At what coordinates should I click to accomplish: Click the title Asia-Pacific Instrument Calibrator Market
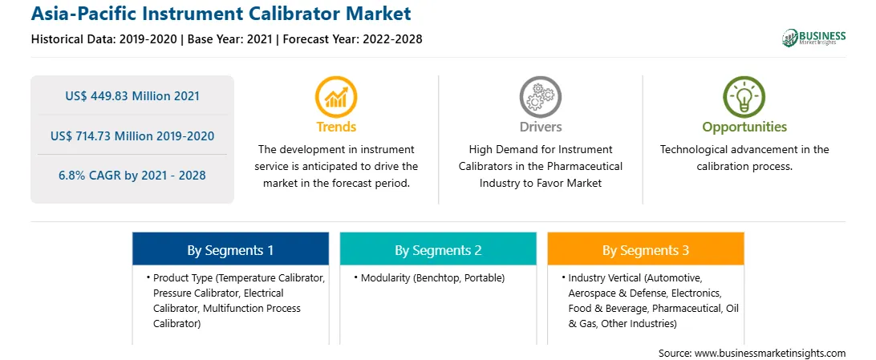coord(221,13)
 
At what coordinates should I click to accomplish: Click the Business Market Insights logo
coord(814,38)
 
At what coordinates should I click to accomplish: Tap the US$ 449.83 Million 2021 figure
coord(132,96)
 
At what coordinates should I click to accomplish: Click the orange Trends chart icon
coord(336,96)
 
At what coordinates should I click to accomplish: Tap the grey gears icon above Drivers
coord(540,96)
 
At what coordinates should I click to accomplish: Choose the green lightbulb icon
coord(744,96)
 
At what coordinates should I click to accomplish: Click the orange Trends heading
coord(336,127)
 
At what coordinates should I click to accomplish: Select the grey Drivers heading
coord(540,127)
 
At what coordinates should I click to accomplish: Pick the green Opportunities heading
coord(744,127)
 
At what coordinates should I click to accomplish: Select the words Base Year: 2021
coord(230,39)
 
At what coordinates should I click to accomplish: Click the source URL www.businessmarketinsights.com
coord(770,354)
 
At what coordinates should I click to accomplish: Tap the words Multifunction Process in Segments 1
coord(252,308)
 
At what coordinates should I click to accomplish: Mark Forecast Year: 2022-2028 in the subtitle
coord(351,39)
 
